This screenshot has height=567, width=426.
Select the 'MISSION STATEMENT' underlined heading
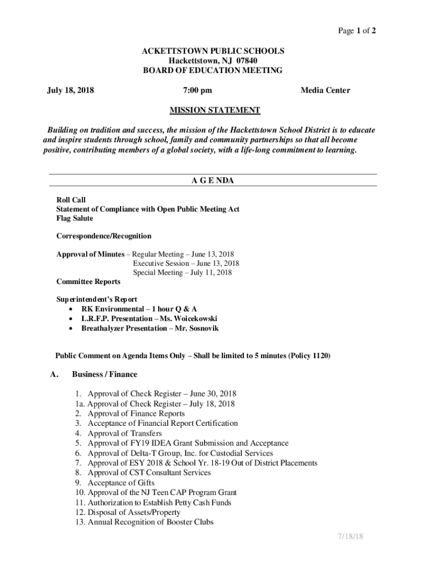(x=214, y=110)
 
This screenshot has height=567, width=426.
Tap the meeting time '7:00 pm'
(x=197, y=90)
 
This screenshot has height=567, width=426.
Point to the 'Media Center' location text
(x=325, y=90)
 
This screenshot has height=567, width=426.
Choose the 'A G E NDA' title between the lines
(x=213, y=181)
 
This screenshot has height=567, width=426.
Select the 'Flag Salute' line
(x=75, y=219)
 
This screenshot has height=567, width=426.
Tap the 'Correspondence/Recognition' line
(x=103, y=236)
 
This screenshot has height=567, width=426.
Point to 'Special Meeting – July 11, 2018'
(x=182, y=272)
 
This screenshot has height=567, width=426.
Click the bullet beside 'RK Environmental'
(x=70, y=309)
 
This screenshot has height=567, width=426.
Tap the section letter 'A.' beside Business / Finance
(x=54, y=374)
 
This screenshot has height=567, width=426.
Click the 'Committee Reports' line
(x=88, y=282)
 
